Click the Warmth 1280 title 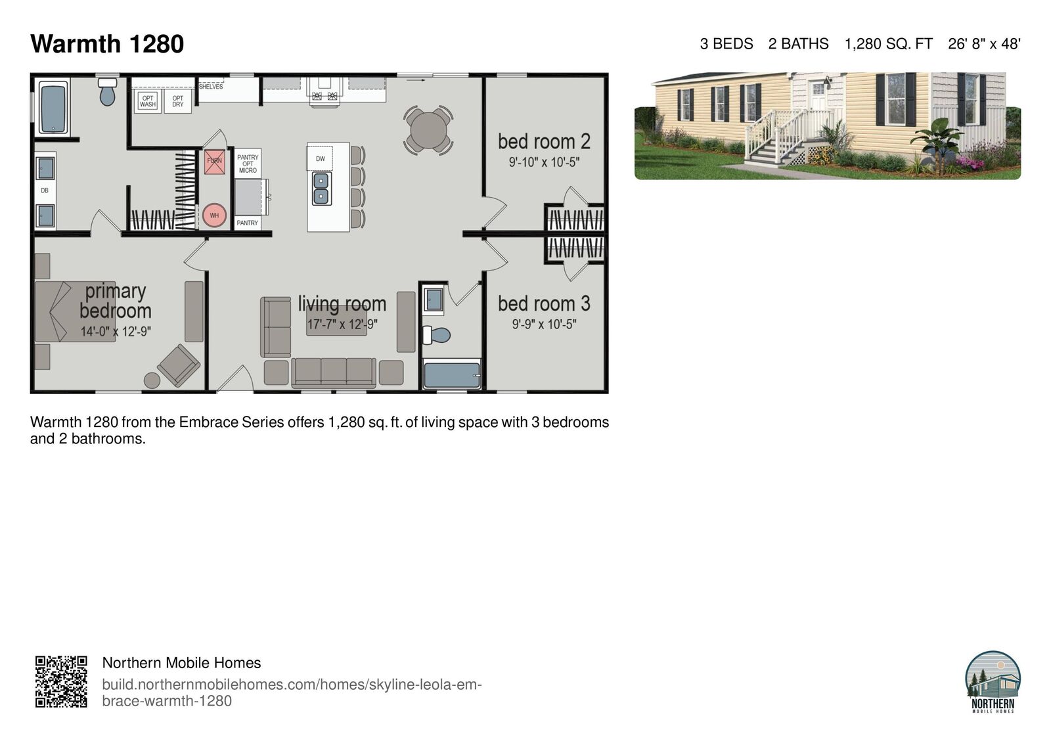[107, 44]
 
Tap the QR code [61, 681]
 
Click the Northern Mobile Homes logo [993, 681]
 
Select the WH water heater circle [214, 215]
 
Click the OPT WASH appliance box [148, 101]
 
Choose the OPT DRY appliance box [177, 101]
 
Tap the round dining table [428, 130]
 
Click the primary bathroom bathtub [53, 108]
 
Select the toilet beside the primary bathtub [107, 93]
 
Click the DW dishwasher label [320, 158]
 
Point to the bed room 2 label [544, 141]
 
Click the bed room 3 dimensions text [544, 324]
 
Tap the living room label [342, 304]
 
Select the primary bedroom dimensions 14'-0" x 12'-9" [116, 332]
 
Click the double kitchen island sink [321, 188]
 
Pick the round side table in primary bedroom [152, 380]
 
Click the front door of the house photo [818, 97]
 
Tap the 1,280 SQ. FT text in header [888, 44]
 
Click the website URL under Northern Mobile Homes [292, 692]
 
